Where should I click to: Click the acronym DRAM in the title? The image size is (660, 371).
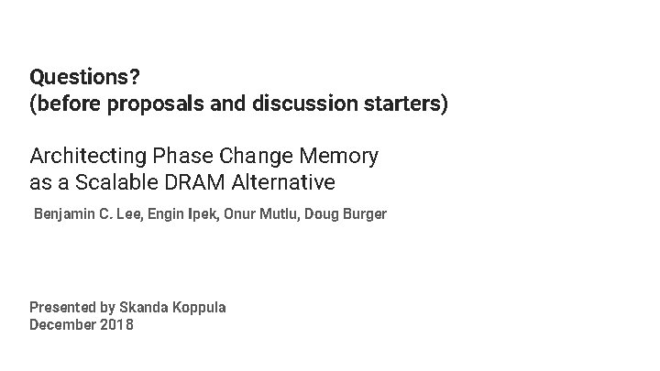pos(192,183)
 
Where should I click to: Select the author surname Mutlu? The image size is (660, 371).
pos(279,214)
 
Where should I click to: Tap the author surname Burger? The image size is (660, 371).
pos(362,214)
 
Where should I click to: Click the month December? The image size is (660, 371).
pos(62,324)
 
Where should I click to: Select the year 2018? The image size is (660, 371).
pos(116,324)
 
